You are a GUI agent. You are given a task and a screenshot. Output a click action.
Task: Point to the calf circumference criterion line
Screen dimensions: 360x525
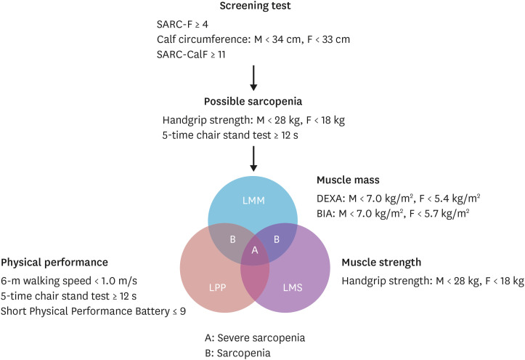tap(248, 39)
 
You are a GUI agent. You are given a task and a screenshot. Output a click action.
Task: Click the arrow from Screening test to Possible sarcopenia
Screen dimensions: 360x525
tap(254, 76)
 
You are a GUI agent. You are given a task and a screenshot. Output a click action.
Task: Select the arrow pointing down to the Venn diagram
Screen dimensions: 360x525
tap(254, 159)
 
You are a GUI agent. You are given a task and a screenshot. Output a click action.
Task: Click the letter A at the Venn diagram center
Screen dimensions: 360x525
tap(253, 249)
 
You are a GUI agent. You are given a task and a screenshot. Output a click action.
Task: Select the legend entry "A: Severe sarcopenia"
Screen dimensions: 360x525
tap(254, 338)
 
